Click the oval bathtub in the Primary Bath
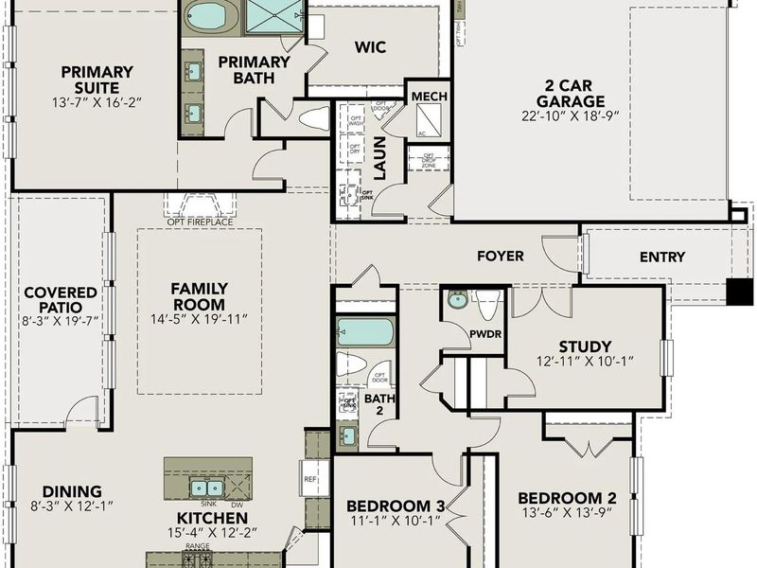pos(211,17)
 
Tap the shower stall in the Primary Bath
pos(275,16)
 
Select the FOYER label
pos(500,256)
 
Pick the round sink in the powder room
pos(458,301)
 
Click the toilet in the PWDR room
pos(488,305)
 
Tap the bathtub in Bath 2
pos(365,332)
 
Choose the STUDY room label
pos(585,346)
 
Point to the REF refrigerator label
pos(309,479)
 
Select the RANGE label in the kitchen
pos(199,546)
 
